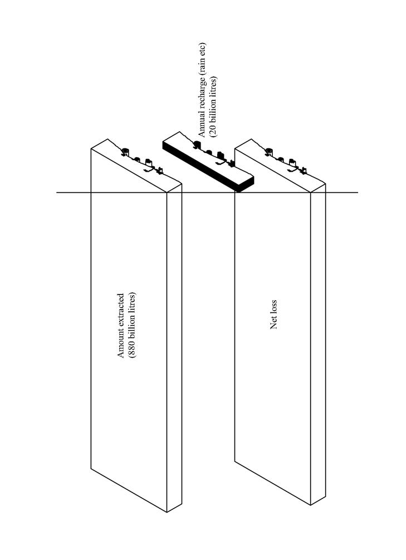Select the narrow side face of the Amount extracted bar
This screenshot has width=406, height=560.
(174, 346)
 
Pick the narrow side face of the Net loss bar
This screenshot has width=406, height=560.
(318, 346)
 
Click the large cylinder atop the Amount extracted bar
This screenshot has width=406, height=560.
(125, 151)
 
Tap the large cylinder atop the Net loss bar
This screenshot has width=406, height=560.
(269, 151)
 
